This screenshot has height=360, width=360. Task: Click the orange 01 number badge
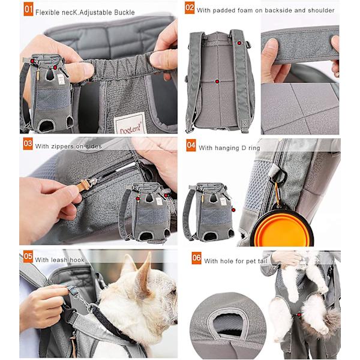tap(28, 9)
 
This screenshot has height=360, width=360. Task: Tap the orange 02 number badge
tap(190, 8)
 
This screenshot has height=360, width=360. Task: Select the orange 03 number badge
tap(28, 144)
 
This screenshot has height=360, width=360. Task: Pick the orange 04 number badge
tap(191, 145)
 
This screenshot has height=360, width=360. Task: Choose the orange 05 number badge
tap(28, 256)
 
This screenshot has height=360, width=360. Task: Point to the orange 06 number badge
tap(197, 258)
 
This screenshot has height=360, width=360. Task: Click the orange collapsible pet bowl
tap(282, 227)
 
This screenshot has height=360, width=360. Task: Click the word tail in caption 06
tap(263, 261)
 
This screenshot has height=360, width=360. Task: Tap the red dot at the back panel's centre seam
tap(217, 81)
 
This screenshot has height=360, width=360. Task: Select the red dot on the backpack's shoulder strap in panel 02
tap(239, 43)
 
